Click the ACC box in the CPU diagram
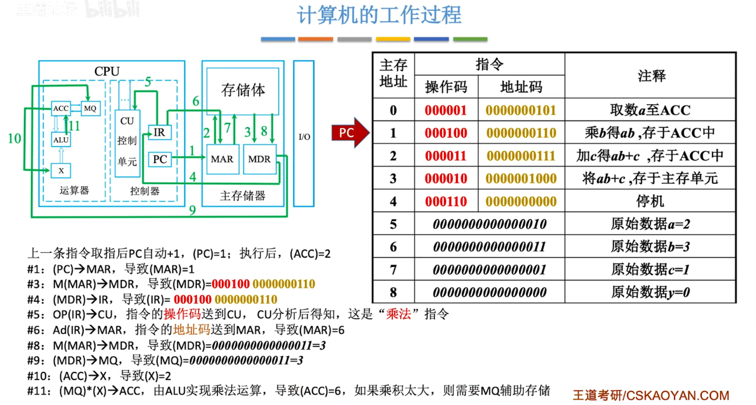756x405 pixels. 61,108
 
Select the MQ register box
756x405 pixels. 90,108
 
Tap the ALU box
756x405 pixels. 61,139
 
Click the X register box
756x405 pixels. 61,170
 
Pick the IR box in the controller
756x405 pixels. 159,132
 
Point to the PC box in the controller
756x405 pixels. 159,159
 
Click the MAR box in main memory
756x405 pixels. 222,159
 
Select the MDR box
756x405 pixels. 259,159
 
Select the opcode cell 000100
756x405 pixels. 446,133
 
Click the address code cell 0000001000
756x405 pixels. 521,179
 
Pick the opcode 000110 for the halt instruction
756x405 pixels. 446,202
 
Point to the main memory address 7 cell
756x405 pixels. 393,270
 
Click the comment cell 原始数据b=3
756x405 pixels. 650,247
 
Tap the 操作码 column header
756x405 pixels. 446,87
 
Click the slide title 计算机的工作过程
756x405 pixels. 379,15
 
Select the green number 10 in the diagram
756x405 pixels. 15,139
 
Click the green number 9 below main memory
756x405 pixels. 192,210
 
